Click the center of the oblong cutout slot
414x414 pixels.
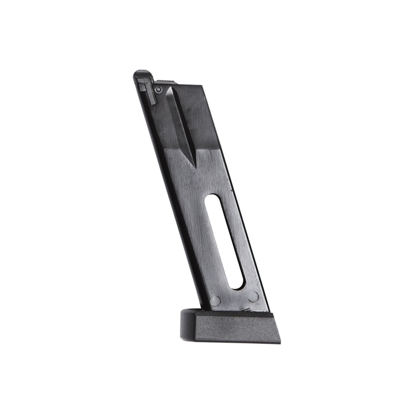(x=224, y=249)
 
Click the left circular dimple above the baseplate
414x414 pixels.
(x=214, y=301)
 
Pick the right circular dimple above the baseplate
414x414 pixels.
(x=253, y=297)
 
